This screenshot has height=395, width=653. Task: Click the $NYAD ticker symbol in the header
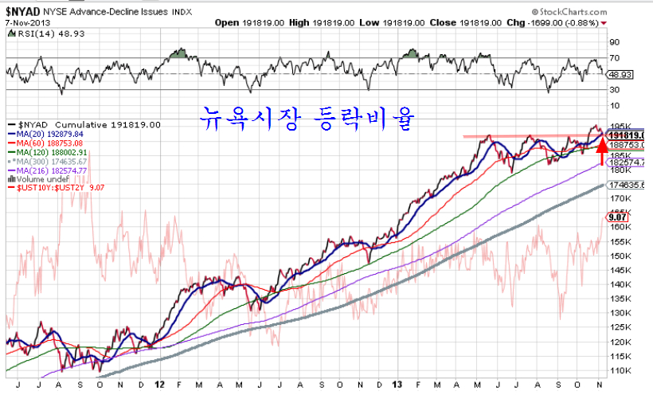point(24,12)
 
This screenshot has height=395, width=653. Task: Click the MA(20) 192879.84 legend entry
point(53,135)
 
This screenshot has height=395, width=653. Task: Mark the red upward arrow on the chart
point(602,150)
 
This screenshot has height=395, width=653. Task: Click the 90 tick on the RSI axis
point(614,41)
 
